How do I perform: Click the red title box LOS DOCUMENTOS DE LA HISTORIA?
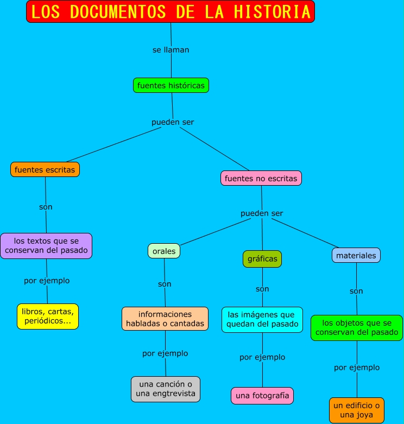click(x=170, y=11)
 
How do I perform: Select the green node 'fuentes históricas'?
click(x=171, y=85)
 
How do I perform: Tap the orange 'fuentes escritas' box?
click(x=45, y=169)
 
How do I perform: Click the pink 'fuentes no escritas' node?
click(x=261, y=178)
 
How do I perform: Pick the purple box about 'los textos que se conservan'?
click(x=46, y=245)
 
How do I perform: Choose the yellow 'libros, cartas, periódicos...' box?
click(x=48, y=316)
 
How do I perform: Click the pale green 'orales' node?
click(x=164, y=251)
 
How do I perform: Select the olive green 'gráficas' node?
click(x=262, y=259)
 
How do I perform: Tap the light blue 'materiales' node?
click(x=356, y=255)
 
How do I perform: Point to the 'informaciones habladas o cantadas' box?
click(x=165, y=319)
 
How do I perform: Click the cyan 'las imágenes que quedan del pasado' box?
click(x=262, y=319)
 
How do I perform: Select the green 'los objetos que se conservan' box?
click(x=357, y=327)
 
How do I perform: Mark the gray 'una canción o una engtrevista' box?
click(x=166, y=389)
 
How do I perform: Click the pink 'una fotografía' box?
click(x=262, y=396)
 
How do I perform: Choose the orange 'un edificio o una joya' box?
click(x=357, y=410)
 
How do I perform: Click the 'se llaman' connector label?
click(x=171, y=49)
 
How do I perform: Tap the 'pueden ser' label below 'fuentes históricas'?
click(x=173, y=122)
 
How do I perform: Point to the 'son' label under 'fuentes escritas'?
click(x=46, y=207)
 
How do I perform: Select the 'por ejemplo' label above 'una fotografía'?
click(x=262, y=357)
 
